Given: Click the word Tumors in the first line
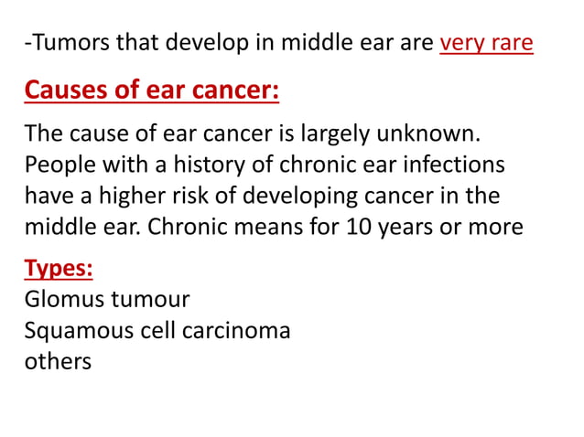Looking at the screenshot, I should [69, 44].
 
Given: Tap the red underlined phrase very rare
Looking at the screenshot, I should [486, 44].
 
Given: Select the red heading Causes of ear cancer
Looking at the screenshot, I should [152, 92].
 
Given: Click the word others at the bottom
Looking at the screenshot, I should [58, 360].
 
